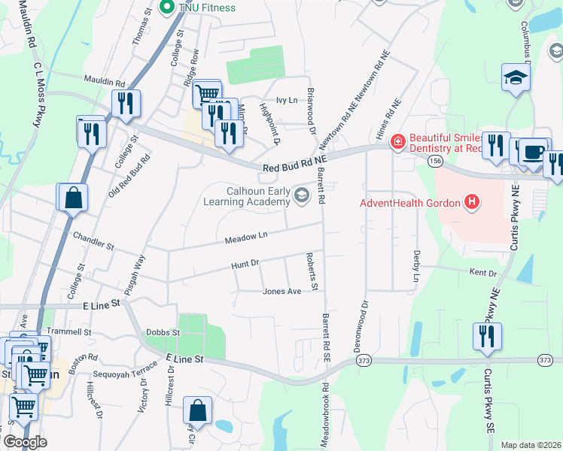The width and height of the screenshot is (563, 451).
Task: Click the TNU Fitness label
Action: pyautogui.click(x=207, y=8)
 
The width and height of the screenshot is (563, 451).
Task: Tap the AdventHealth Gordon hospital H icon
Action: pyautogui.click(x=472, y=201)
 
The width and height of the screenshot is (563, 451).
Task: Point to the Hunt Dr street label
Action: pyautogui.click(x=245, y=264)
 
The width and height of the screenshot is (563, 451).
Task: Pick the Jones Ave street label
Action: pyautogui.click(x=281, y=291)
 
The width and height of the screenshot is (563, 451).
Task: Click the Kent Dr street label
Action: pyautogui.click(x=483, y=272)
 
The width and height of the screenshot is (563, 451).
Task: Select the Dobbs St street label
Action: pyautogui.click(x=163, y=331)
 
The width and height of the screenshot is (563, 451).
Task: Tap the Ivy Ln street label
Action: pyautogui.click(x=288, y=99)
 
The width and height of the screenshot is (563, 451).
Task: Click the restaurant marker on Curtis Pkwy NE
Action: pyautogui.click(x=485, y=336)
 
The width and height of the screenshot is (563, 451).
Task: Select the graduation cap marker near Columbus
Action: pyautogui.click(x=516, y=78)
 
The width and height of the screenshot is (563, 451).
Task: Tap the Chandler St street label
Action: pyautogui.click(x=93, y=241)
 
